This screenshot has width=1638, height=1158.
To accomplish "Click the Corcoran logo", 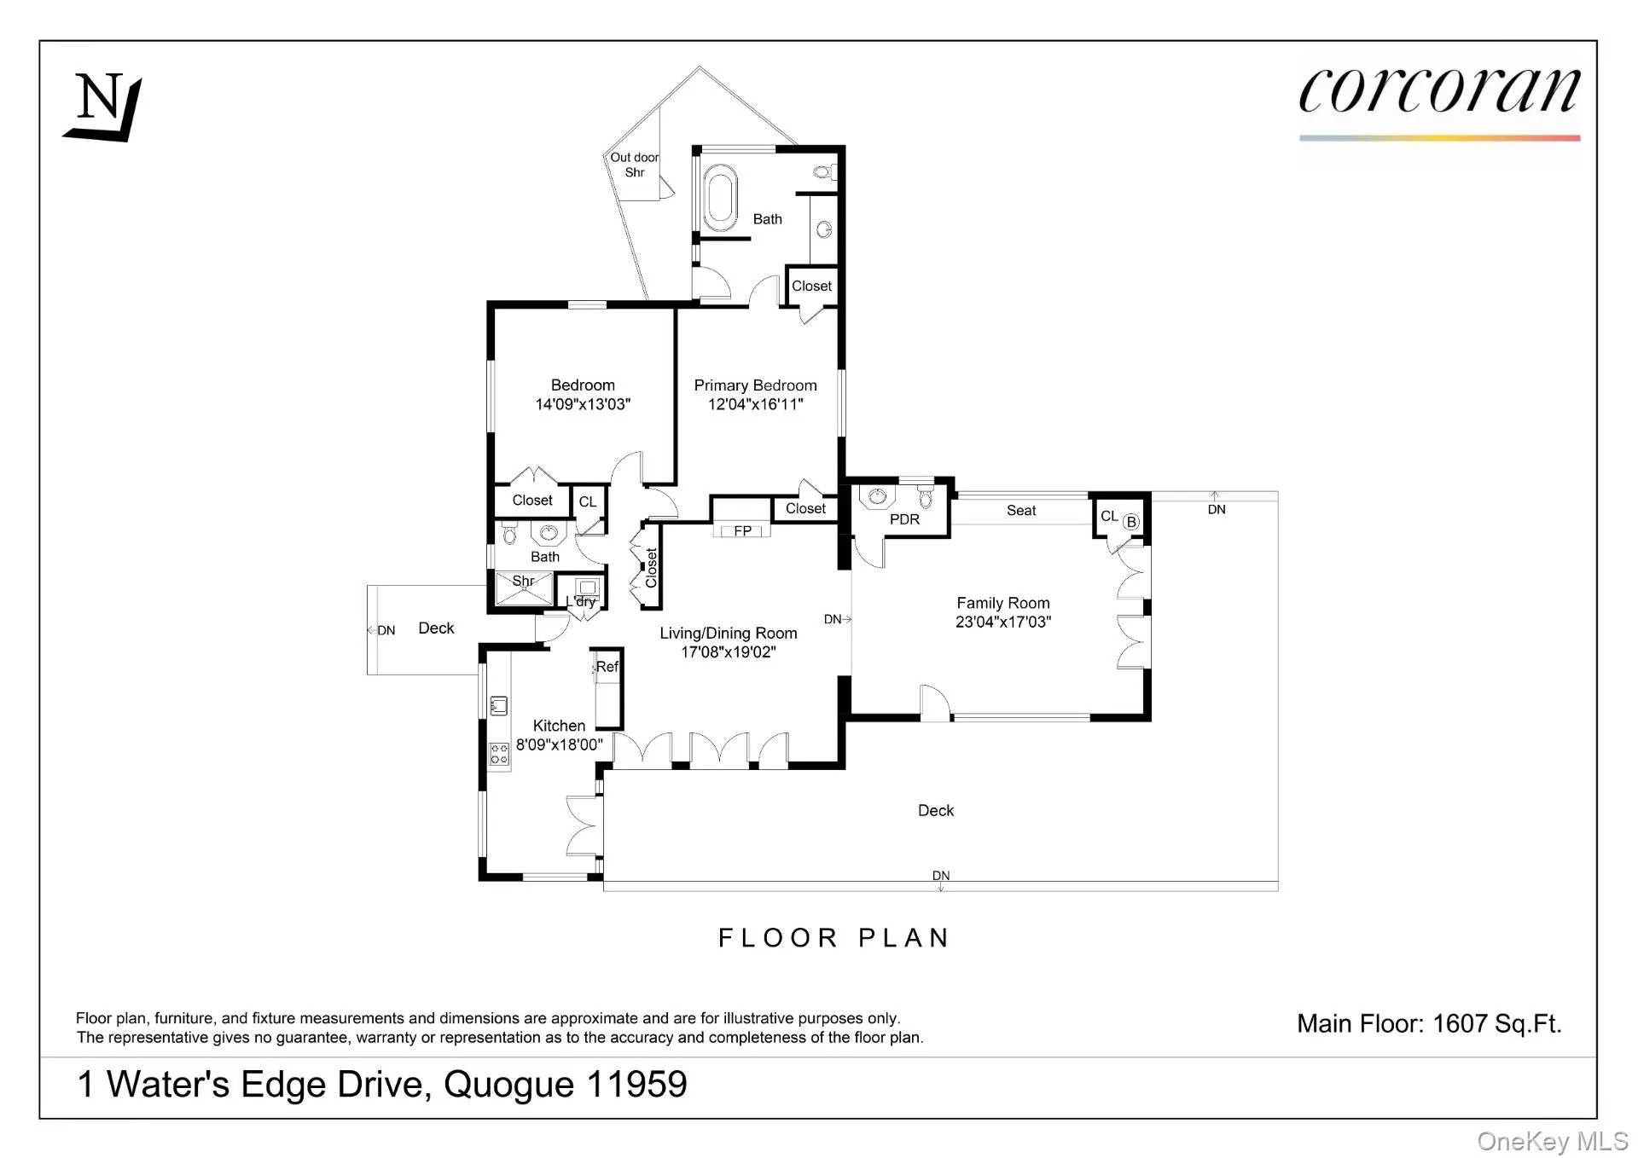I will point(1438,94).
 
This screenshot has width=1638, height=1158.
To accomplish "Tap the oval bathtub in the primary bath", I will point(721,198).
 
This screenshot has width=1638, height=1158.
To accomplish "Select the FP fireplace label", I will point(742,530).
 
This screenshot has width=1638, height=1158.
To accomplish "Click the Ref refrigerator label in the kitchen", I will point(607,667).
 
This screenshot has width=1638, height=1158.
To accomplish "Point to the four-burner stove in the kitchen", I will point(499,754).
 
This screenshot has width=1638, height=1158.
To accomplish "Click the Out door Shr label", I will point(634,165).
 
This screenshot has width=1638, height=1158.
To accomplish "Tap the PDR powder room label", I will point(904,519).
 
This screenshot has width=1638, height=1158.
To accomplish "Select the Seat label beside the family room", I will point(1020,511).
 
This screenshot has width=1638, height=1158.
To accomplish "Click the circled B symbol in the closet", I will point(1130,522).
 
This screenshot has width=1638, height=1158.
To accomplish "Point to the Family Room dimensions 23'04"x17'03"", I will point(1002,622).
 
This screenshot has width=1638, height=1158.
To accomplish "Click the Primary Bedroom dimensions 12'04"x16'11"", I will point(755,405).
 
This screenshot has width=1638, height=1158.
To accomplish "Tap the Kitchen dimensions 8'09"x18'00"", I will point(559,744).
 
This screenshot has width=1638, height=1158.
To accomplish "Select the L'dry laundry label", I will point(582,601).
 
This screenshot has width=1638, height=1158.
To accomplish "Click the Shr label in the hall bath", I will point(523,581).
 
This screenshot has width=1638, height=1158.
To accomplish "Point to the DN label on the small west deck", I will point(385,630).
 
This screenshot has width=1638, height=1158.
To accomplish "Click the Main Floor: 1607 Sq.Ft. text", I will point(1429,1023).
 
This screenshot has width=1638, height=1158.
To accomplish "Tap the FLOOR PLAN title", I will point(834,938).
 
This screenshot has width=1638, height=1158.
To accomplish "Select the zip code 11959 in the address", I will point(636,1085).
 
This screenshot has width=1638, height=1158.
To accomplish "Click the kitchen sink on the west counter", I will point(499,705).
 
